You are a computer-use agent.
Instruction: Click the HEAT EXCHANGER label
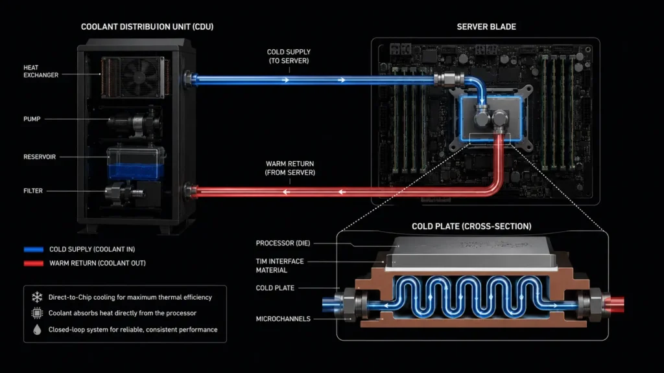tap(41, 71)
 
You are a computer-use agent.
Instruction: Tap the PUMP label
tap(32, 119)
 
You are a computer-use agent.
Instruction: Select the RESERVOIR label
tap(40, 157)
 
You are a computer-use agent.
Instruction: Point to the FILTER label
tap(33, 191)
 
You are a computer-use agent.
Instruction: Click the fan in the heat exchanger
tap(139, 77)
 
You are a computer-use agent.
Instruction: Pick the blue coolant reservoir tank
tap(136, 163)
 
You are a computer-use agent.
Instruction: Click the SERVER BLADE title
tap(486, 27)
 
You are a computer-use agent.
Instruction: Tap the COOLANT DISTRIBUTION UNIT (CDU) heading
tap(147, 27)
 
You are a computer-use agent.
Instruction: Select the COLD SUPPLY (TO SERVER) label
tap(289, 56)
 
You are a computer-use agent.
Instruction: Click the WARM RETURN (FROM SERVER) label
tap(290, 168)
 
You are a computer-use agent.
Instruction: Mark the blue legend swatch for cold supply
tap(34, 249)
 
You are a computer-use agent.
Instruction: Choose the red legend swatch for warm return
tap(34, 263)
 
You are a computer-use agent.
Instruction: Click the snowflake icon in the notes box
tap(37, 297)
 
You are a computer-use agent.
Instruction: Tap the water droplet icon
tap(37, 330)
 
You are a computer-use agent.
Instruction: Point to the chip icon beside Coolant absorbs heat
tap(37, 313)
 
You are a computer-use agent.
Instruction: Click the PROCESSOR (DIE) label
tap(283, 243)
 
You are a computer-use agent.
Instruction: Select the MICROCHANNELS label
tap(283, 319)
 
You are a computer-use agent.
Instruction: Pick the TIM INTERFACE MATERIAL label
tap(279, 266)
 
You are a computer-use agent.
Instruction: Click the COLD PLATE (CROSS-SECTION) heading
tap(471, 226)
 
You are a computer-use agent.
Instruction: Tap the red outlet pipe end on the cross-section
tap(616, 304)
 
